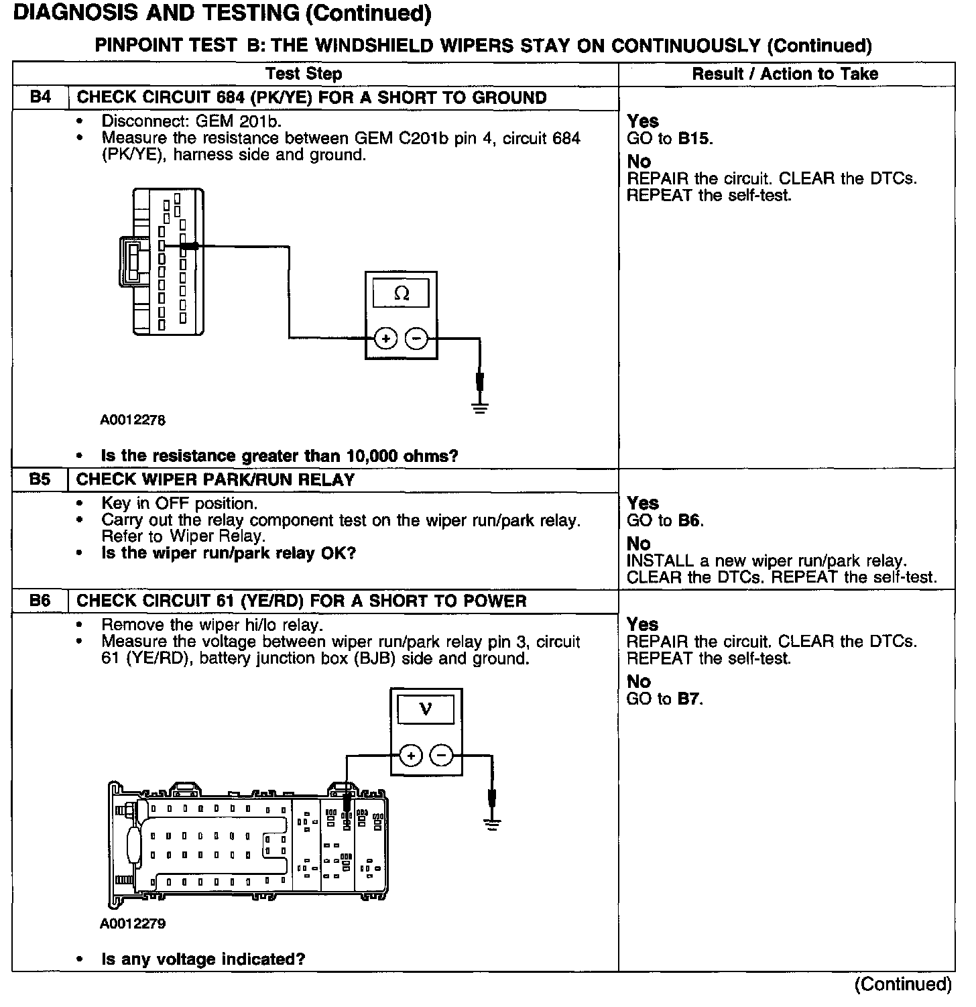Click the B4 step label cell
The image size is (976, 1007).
[40, 97]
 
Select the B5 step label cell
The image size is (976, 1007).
[40, 479]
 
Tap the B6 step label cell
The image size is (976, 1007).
[40, 601]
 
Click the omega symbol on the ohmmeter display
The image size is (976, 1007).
[402, 294]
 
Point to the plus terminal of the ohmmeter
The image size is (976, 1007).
[385, 339]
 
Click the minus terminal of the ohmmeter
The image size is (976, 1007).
[417, 339]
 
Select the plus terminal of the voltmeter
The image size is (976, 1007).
[411, 756]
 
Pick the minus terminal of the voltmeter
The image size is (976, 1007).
[442, 756]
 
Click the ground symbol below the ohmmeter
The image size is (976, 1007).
[480, 406]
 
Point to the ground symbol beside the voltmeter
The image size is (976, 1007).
[493, 824]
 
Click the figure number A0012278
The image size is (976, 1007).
[133, 420]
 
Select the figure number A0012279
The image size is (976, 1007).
[133, 924]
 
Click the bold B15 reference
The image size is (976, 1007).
[694, 139]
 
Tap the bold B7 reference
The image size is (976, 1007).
[688, 699]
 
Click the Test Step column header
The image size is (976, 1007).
[304, 74]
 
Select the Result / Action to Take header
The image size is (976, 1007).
[785, 74]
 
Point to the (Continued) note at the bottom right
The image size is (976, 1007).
[903, 984]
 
